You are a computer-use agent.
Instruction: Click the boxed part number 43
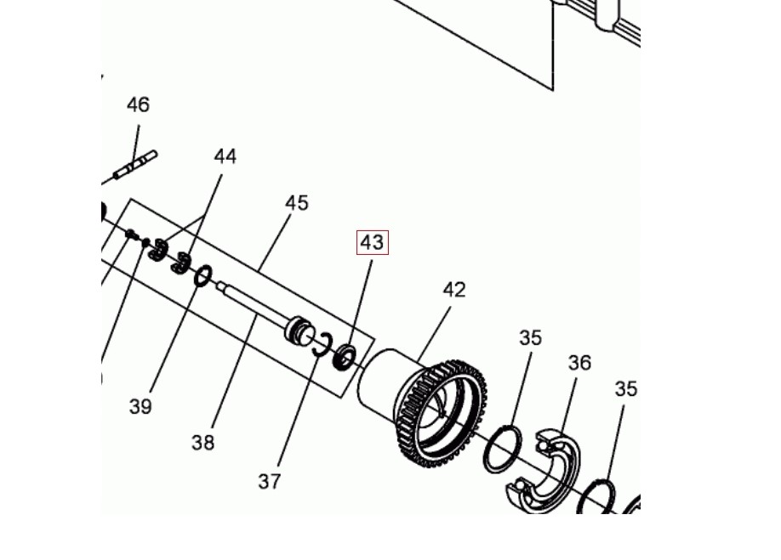(372, 243)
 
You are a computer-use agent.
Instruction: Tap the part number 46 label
(138, 105)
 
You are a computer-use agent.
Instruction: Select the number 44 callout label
(225, 156)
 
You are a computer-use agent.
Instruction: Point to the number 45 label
(297, 203)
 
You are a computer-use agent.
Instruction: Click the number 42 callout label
(454, 290)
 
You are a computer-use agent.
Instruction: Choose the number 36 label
(579, 363)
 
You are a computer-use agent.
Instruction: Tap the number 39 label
(140, 407)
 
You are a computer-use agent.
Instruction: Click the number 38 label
(202, 442)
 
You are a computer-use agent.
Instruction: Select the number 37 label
(270, 482)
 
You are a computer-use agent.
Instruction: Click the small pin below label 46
(135, 166)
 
